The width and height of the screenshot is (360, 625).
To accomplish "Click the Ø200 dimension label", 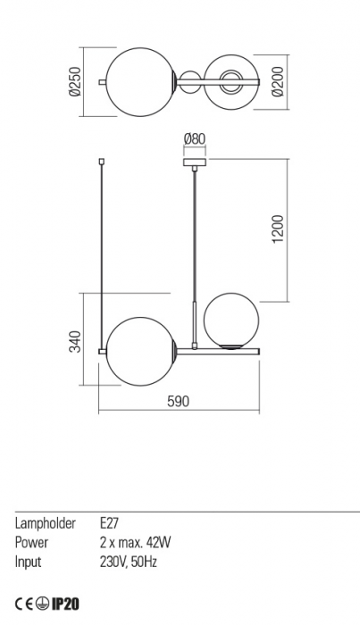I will tap(280, 83).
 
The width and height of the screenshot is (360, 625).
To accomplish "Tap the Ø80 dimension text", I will tap(193, 138).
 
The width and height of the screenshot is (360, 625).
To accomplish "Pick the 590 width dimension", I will tap(179, 402).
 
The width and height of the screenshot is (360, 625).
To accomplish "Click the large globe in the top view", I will tap(139, 83).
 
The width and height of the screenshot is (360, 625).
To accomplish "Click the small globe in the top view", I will tap(230, 83).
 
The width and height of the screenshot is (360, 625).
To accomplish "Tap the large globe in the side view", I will tap(139, 351).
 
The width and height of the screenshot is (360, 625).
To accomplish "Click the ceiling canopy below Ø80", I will tap(193, 162).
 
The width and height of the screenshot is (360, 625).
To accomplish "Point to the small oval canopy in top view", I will tap(189, 83).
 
